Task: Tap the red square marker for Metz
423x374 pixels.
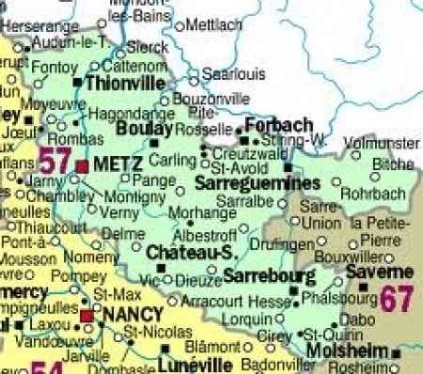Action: click(x=82, y=165)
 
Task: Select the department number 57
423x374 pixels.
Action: click(x=54, y=159)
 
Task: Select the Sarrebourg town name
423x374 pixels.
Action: click(x=264, y=276)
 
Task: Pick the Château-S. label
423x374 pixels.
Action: click(x=189, y=252)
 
